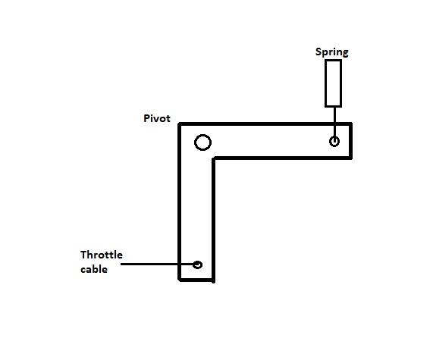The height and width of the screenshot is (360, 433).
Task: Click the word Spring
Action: pyautogui.click(x=331, y=52)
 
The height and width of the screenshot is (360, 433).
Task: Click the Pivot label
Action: pyautogui.click(x=157, y=118)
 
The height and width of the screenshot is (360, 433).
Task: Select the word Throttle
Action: pyautogui.click(x=102, y=255)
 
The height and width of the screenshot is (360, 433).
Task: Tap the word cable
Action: pyautogui.click(x=94, y=269)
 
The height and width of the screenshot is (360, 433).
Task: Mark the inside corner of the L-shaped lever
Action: pyautogui.click(x=213, y=158)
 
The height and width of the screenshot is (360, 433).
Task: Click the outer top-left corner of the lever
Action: pyautogui.click(x=180, y=124)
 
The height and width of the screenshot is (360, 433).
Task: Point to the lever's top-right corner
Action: pyautogui.click(x=351, y=124)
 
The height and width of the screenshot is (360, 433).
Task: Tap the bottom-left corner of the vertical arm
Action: pyautogui.click(x=180, y=280)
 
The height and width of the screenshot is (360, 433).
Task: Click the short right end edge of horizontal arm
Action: pyautogui.click(x=350, y=141)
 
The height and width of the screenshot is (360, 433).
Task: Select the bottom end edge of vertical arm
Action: pyautogui.click(x=196, y=280)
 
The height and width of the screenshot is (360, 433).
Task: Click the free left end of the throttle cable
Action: pyautogui.click(x=121, y=265)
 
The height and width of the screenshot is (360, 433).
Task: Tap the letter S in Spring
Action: pyautogui.click(x=318, y=52)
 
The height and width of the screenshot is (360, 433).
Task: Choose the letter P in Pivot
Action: pyautogui.click(x=146, y=118)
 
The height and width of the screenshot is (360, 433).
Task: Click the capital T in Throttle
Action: pyautogui.click(x=83, y=255)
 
